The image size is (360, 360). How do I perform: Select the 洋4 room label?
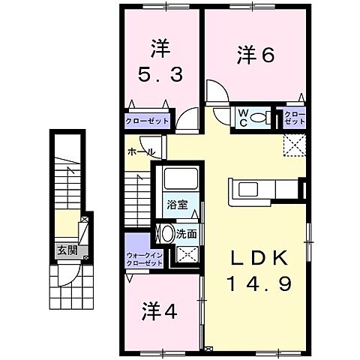(158, 312)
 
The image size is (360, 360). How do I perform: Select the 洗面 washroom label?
(187, 233)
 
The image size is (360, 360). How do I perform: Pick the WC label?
(244, 117)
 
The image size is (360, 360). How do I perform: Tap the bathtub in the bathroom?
(178, 181)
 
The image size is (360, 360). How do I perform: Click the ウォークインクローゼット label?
(143, 259)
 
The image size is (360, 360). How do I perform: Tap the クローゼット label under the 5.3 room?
(148, 120)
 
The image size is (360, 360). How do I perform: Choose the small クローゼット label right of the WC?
(294, 118)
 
